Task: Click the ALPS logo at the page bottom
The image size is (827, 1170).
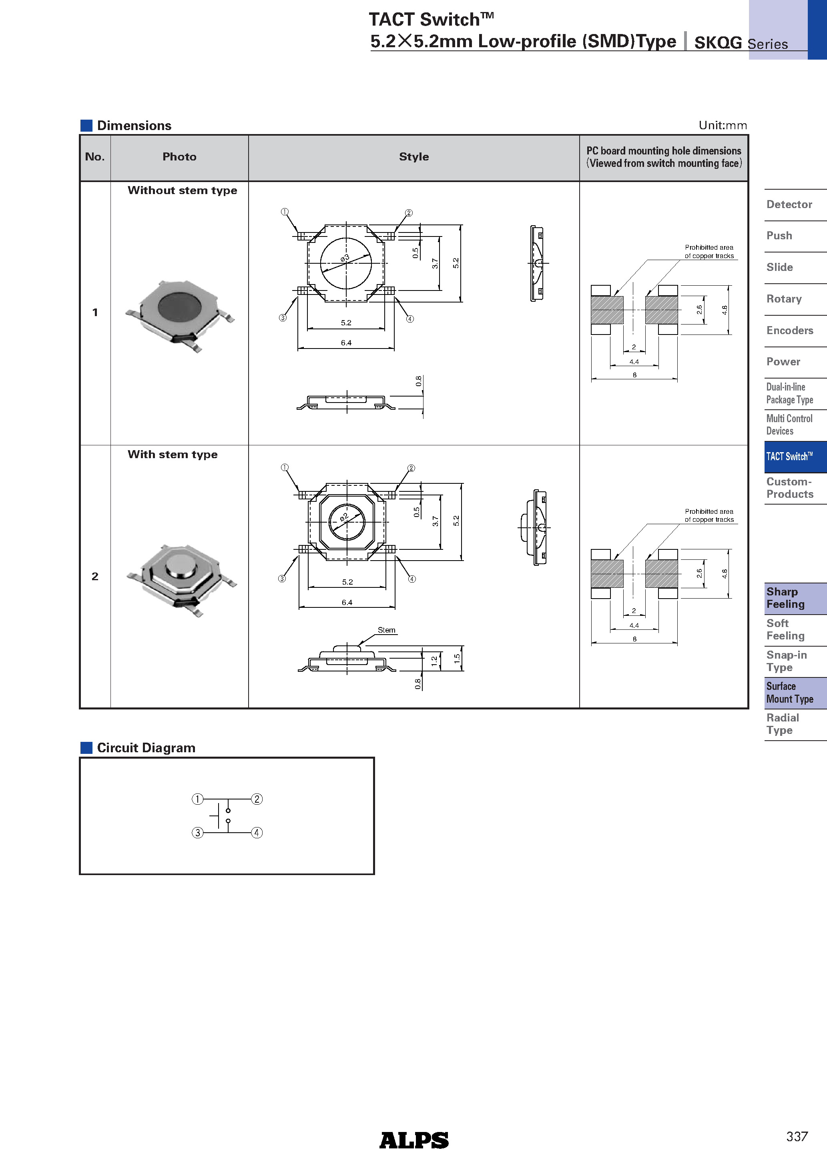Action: coord(413,1140)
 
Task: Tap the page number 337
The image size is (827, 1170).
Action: coord(797,1136)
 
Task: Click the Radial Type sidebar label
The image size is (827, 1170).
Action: coord(782,723)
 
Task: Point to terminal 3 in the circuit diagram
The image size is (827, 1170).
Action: coord(197,833)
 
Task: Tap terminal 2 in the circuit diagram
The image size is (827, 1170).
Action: coord(257,799)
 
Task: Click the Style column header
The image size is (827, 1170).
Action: coord(413,157)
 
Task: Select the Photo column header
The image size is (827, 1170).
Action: coord(179,157)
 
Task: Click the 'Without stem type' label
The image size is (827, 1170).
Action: coord(182,190)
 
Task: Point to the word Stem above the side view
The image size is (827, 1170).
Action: coord(386,630)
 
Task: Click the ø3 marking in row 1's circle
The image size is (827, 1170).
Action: coord(345,258)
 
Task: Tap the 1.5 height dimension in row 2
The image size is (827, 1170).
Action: coord(457,658)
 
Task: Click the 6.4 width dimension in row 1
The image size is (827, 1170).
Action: coord(346,343)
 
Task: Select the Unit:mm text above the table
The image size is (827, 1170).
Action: coord(722,125)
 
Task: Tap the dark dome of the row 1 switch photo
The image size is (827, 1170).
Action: coord(179,308)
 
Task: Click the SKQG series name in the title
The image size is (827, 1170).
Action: coord(717,43)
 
